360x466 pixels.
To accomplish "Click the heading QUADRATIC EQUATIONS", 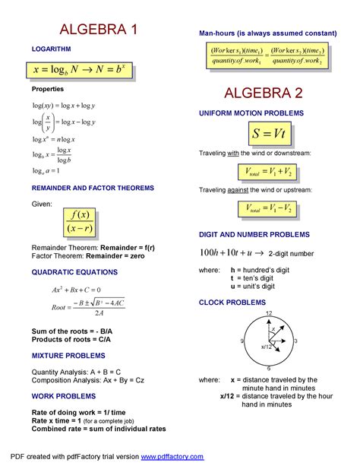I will [74, 271].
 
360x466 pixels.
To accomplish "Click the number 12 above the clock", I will [268, 314].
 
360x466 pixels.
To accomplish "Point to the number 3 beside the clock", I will [295, 341].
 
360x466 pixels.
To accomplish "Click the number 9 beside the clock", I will [242, 341].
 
